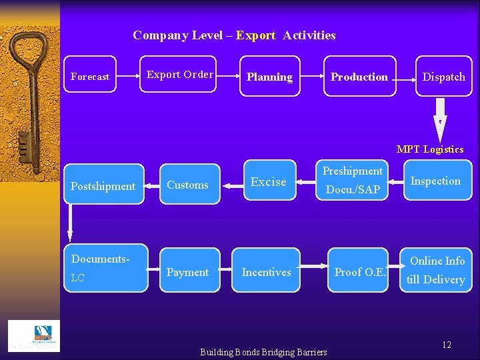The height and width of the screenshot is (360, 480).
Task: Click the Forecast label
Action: (x=90, y=77)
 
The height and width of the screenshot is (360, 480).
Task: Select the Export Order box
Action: (x=180, y=74)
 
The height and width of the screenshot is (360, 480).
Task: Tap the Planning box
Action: (x=269, y=77)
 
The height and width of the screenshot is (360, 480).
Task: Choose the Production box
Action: (x=359, y=77)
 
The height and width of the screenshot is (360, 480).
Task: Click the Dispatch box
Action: (x=443, y=77)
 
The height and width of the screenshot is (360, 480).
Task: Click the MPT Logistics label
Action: (x=430, y=149)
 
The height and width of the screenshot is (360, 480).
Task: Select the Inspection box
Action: (x=435, y=181)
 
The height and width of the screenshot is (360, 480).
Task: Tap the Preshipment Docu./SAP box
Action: (x=353, y=181)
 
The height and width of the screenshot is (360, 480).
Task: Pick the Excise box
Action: (x=268, y=181)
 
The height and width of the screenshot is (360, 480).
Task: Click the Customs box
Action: (x=187, y=185)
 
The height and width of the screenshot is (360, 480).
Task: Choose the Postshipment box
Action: (x=103, y=185)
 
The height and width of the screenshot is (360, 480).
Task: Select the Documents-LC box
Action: (x=103, y=268)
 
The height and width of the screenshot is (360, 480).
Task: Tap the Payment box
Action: (x=187, y=271)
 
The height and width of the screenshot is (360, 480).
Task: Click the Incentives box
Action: (x=267, y=271)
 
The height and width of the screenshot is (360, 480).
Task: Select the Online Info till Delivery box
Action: (x=437, y=269)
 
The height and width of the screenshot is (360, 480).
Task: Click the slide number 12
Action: (x=447, y=345)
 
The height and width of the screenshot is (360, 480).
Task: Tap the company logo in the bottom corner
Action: (x=33, y=335)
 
